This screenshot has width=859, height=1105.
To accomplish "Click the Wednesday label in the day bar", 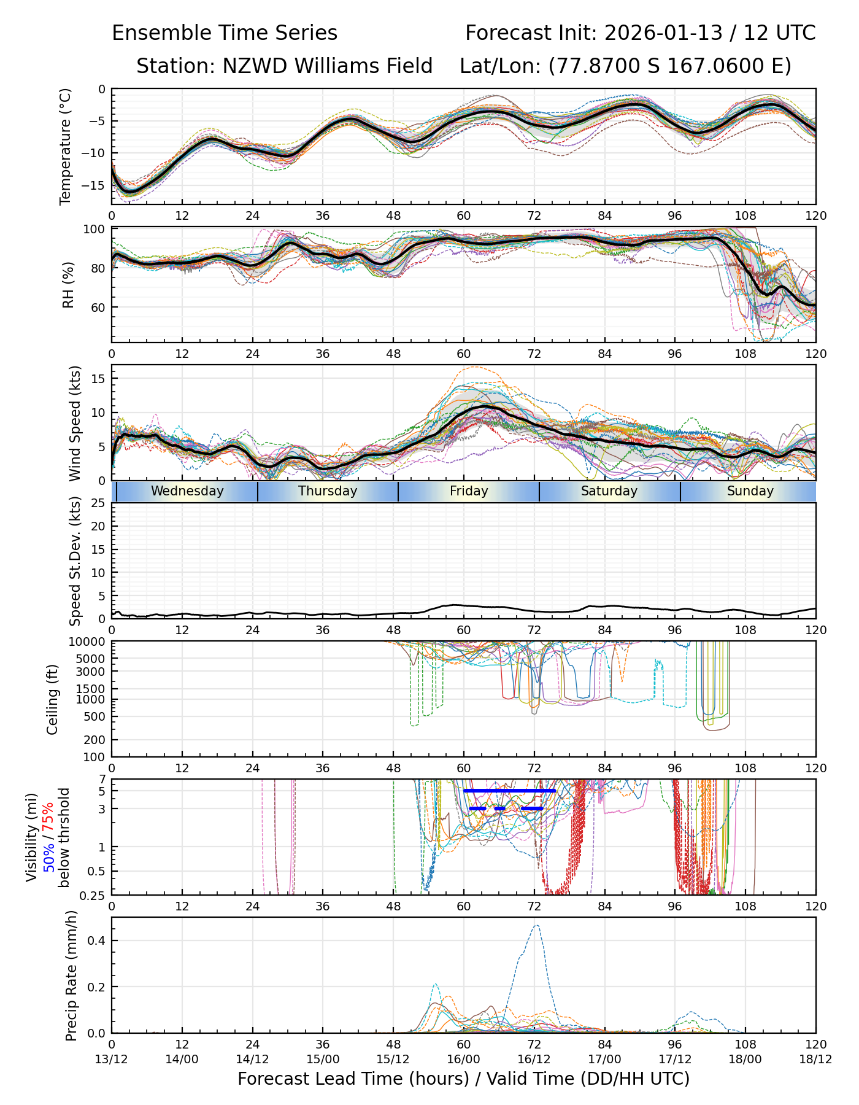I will pyautogui.click(x=187, y=491).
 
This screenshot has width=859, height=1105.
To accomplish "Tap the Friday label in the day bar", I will pyautogui.click(x=469, y=491).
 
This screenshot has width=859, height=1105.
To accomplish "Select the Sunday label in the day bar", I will pyautogui.click(x=750, y=491).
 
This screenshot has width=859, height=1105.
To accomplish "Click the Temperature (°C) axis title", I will pyautogui.click(x=66, y=146).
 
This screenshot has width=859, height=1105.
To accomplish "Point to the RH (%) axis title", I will pyautogui.click(x=68, y=284).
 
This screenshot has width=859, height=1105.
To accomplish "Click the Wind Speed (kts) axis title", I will pyautogui.click(x=75, y=423).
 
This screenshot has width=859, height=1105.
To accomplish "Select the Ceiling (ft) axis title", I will pyautogui.click(x=53, y=699).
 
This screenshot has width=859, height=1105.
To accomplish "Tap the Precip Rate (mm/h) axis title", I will pyautogui.click(x=72, y=975).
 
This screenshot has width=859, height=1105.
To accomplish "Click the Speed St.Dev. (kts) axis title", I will pyautogui.click(x=75, y=560).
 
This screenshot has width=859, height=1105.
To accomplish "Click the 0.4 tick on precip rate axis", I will pyautogui.click(x=96, y=940).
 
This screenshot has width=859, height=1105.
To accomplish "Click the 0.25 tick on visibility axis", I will pyautogui.click(x=94, y=894).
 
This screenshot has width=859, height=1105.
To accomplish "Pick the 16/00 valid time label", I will pyautogui.click(x=464, y=1059).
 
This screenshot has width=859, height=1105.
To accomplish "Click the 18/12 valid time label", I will pyautogui.click(x=815, y=1059).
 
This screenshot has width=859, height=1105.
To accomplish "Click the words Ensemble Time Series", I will pyautogui.click(x=225, y=33).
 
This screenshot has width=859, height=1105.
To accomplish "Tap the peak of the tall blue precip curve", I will pyautogui.click(x=537, y=925).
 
